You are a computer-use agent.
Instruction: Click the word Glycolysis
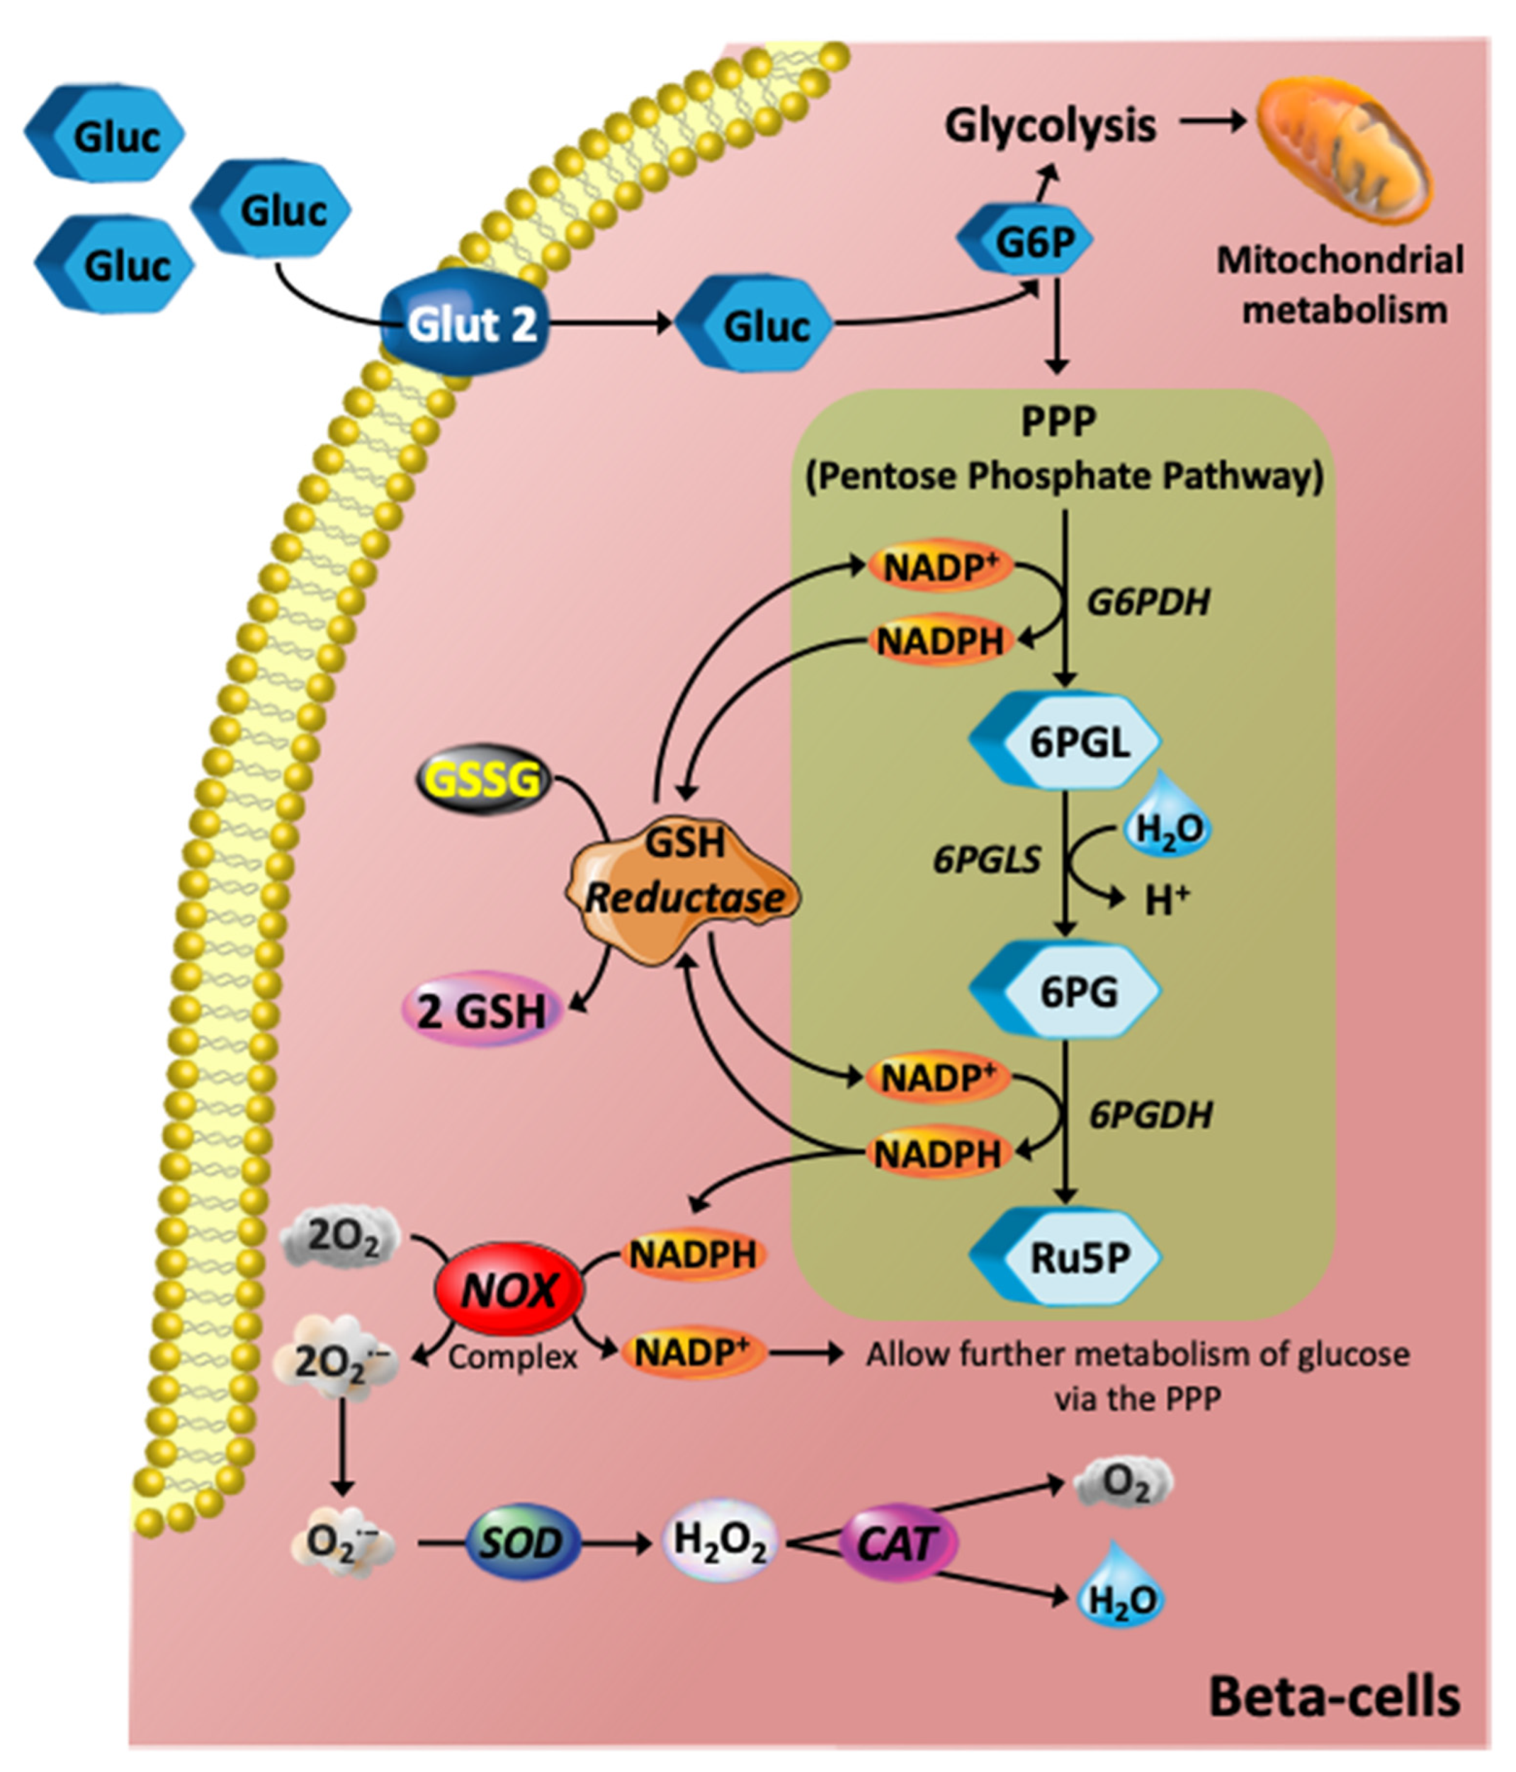pos(1050,126)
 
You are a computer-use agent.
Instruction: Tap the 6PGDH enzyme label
pos(1150,1115)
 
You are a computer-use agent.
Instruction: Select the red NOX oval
pos(509,1291)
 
